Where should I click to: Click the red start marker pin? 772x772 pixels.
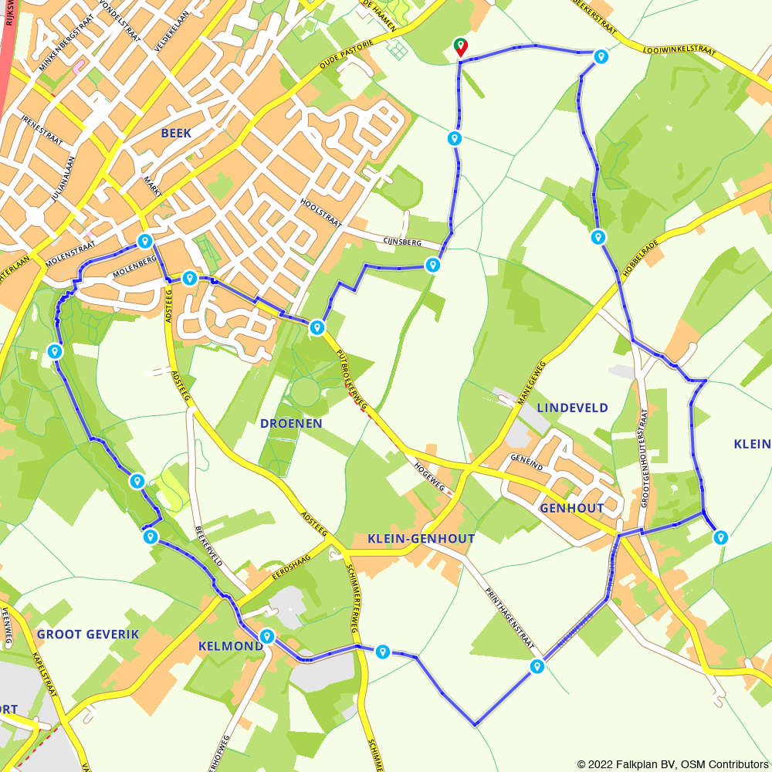pyautogui.click(x=460, y=46)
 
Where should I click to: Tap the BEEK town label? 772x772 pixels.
pyautogui.click(x=176, y=133)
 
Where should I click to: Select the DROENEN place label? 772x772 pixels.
pyautogui.click(x=291, y=424)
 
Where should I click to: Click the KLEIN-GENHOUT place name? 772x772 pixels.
pyautogui.click(x=421, y=539)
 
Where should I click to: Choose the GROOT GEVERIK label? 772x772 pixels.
pyautogui.click(x=87, y=634)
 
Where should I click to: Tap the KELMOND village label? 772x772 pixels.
pyautogui.click(x=231, y=645)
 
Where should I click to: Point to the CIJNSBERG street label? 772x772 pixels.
pyautogui.click(x=402, y=242)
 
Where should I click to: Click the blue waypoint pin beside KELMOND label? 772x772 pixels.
pyautogui.click(x=267, y=636)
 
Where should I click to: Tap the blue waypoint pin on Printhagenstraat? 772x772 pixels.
pyautogui.click(x=537, y=665)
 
